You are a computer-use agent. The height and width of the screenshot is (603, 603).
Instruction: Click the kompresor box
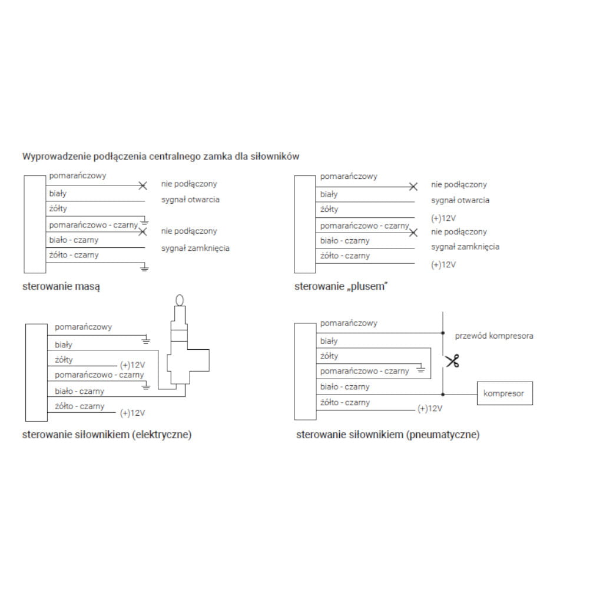[x=504, y=393]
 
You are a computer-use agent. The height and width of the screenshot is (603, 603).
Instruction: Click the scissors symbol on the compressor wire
[x=452, y=360]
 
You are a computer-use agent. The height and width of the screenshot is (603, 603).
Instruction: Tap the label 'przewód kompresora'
[x=494, y=336]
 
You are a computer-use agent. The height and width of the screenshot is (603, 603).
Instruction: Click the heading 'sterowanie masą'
[x=61, y=287]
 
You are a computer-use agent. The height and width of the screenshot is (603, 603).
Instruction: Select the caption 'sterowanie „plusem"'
[x=341, y=287]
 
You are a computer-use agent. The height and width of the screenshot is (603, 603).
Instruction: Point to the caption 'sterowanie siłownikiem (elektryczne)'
[x=107, y=435]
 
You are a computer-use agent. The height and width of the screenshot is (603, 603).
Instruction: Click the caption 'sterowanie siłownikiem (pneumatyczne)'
[x=388, y=435]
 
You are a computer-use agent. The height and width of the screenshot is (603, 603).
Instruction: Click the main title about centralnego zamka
[x=161, y=157]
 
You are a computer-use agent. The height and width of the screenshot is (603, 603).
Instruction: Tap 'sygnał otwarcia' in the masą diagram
[x=190, y=200]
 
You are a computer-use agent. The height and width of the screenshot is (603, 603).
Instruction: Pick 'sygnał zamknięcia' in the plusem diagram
[x=465, y=247]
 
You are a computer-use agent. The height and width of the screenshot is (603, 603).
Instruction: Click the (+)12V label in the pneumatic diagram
[x=429, y=409]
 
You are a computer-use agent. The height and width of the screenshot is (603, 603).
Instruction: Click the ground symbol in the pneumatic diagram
[x=420, y=370]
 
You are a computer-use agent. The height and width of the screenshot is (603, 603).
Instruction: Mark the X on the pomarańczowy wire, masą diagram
[x=143, y=185]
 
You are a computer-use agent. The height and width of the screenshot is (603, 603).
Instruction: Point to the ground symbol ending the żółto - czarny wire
[x=144, y=268]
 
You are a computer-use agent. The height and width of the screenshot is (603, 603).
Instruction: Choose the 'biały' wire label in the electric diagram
[x=64, y=345]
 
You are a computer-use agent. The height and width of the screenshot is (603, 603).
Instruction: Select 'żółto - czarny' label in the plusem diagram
[x=345, y=256]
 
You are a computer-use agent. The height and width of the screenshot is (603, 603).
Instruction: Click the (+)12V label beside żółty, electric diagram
[x=132, y=365]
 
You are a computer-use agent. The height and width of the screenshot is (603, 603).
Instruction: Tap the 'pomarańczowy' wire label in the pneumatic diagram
[x=349, y=323]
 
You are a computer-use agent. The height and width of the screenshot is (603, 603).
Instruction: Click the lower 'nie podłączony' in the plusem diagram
[x=459, y=232]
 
